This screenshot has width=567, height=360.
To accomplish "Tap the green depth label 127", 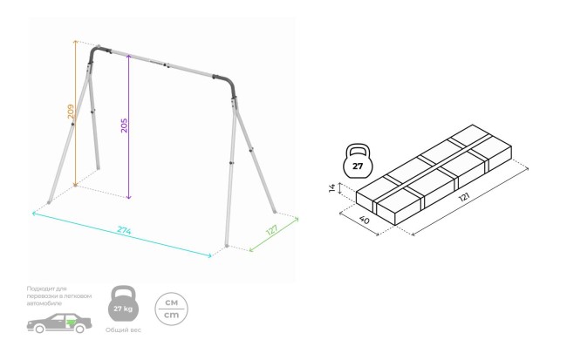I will pos(271,231).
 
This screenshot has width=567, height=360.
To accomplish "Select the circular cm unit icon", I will pos(170,307).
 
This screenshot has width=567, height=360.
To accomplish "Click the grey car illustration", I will pos(58,325).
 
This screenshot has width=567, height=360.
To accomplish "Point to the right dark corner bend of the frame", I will pos(230,85).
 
